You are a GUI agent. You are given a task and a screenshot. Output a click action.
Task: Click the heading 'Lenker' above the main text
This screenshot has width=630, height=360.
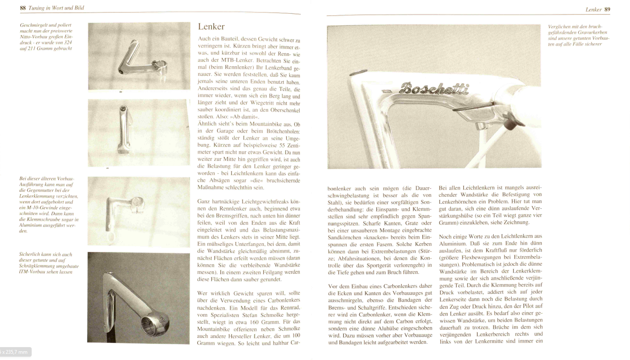[211, 27]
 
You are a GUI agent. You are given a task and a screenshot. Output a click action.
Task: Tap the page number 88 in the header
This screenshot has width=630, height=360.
[22, 8]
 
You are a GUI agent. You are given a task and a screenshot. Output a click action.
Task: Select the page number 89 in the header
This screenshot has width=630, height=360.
[607, 9]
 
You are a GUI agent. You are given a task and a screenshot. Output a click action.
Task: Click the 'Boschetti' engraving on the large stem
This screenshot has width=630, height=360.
[434, 89]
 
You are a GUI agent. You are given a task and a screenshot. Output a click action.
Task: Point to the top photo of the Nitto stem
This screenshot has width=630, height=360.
[139, 56]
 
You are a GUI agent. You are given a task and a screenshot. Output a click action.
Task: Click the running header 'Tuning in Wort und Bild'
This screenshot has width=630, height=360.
[56, 8]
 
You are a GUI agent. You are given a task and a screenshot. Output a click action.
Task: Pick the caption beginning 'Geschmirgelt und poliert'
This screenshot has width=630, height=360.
[46, 37]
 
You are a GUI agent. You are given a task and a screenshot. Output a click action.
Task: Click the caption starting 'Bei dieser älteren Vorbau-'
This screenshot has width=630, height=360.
[48, 205]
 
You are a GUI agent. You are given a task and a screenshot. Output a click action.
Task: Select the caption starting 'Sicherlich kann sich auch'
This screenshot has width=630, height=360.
[48, 263]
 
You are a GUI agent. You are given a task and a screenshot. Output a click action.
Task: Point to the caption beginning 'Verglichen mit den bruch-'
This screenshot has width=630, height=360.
[578, 35]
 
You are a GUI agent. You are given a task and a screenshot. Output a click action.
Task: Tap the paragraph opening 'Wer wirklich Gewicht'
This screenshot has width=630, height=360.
[248, 318]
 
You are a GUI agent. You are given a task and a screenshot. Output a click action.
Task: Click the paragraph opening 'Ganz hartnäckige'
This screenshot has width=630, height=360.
[248, 240]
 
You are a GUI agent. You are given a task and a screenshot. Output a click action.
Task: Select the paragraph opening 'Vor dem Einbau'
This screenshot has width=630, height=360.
[380, 314]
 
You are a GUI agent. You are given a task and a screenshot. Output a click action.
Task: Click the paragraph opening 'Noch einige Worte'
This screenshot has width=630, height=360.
[491, 288]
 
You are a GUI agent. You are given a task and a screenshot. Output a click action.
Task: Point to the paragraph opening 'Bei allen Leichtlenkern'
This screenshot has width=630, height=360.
[490, 205]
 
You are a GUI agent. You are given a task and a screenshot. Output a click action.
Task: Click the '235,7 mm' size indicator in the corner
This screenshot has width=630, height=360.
[16, 352]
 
